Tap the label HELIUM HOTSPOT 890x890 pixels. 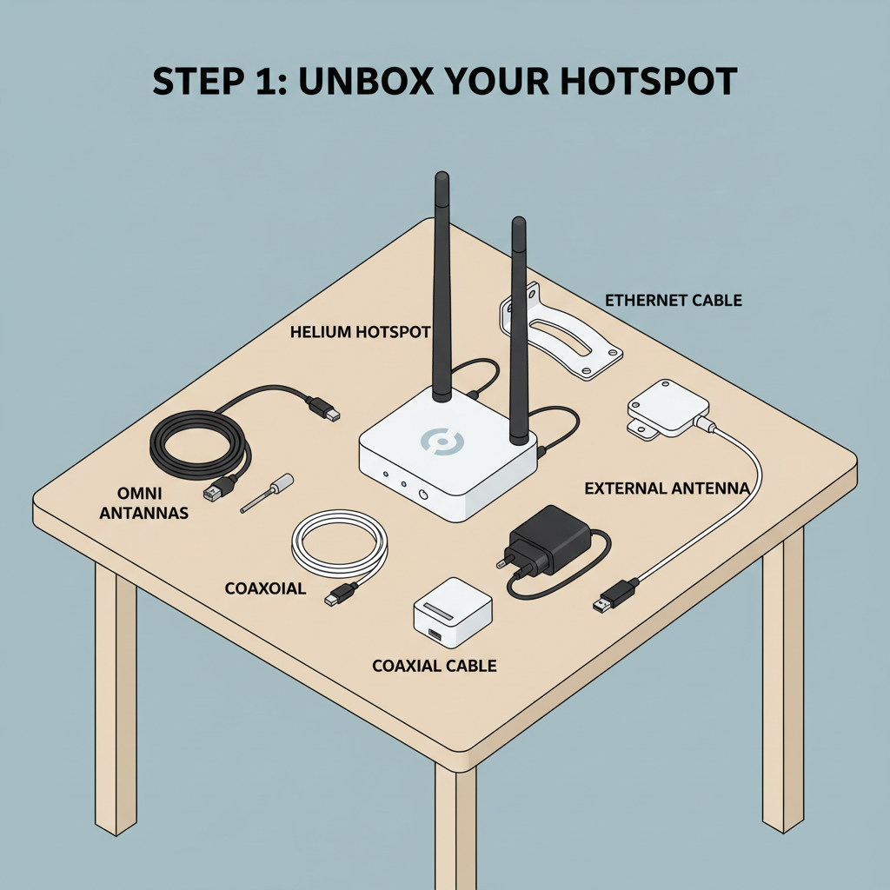[360, 332]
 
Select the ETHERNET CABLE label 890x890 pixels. [673, 301]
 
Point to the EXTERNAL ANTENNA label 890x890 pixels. [667, 488]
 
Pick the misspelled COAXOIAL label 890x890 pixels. [265, 588]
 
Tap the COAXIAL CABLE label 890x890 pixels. [434, 666]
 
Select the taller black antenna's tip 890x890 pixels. [442, 179]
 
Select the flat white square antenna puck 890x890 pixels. [668, 406]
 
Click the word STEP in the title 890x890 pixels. [193, 81]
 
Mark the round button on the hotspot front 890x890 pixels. [422, 495]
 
